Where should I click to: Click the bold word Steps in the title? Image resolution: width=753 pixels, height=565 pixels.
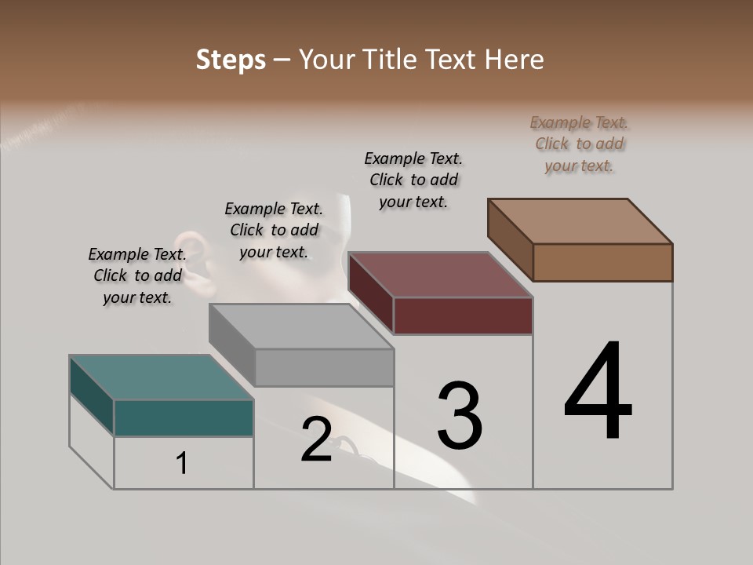[231, 60]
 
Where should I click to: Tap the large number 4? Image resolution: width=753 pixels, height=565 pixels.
[598, 392]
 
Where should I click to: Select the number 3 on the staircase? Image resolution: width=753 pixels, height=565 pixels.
[459, 415]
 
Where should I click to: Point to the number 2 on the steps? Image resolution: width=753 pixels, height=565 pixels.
[317, 439]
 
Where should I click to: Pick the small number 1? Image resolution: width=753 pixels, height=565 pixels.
[182, 463]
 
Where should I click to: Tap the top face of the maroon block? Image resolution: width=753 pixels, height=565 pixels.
[440, 275]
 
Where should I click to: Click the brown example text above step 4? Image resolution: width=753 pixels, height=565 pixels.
[580, 144]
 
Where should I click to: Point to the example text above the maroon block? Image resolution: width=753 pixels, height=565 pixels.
[413, 180]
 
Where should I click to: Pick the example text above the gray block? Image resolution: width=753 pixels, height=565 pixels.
[274, 230]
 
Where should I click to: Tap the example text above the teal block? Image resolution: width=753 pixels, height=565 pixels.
[137, 275]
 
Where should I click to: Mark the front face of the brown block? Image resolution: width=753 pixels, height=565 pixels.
[602, 262]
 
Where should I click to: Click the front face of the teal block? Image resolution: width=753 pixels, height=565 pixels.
[184, 417]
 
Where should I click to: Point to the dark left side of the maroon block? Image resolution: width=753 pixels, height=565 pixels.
[370, 292]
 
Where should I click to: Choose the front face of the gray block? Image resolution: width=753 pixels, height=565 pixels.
[324, 367]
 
